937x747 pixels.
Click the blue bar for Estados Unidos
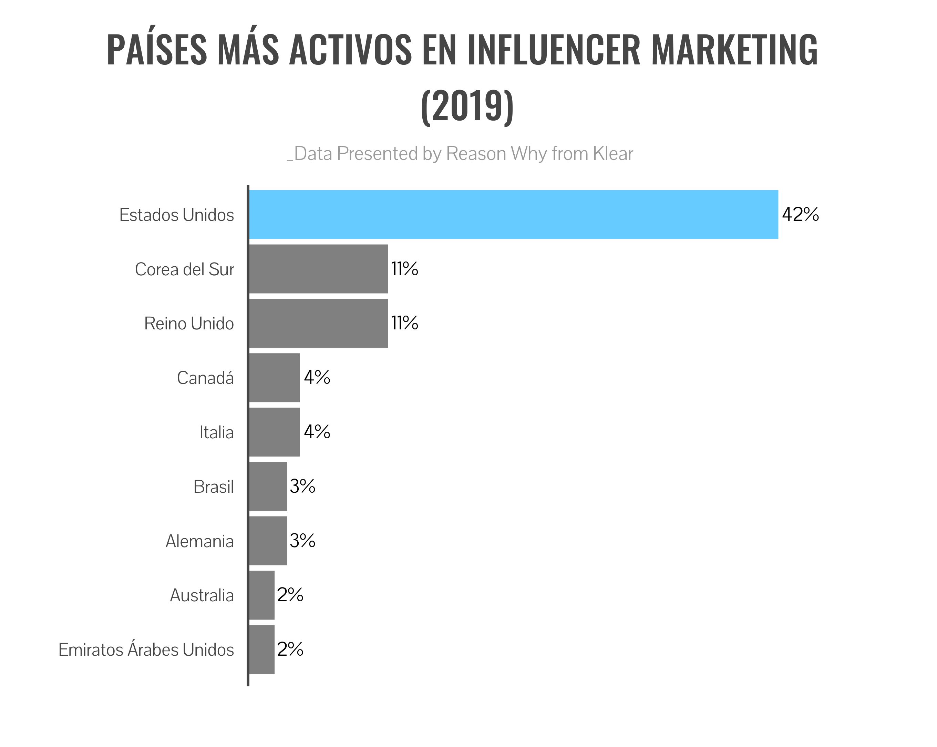click(x=513, y=214)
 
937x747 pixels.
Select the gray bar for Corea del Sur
click(x=318, y=269)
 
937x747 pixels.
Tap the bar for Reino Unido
click(x=318, y=323)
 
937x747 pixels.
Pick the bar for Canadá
click(x=274, y=377)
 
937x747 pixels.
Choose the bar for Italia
click(x=274, y=432)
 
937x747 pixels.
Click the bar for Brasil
click(x=268, y=486)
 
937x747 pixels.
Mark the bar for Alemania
click(x=268, y=541)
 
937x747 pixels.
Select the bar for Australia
click(x=261, y=595)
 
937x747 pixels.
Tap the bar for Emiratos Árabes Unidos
click(x=261, y=649)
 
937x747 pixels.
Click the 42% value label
click(x=800, y=214)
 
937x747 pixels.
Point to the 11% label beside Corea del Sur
click(x=405, y=269)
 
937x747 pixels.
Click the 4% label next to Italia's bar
click(x=317, y=432)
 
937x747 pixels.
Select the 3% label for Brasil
click(x=302, y=486)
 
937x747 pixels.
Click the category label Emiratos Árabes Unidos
click(x=146, y=649)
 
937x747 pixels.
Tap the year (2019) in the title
click(x=467, y=106)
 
